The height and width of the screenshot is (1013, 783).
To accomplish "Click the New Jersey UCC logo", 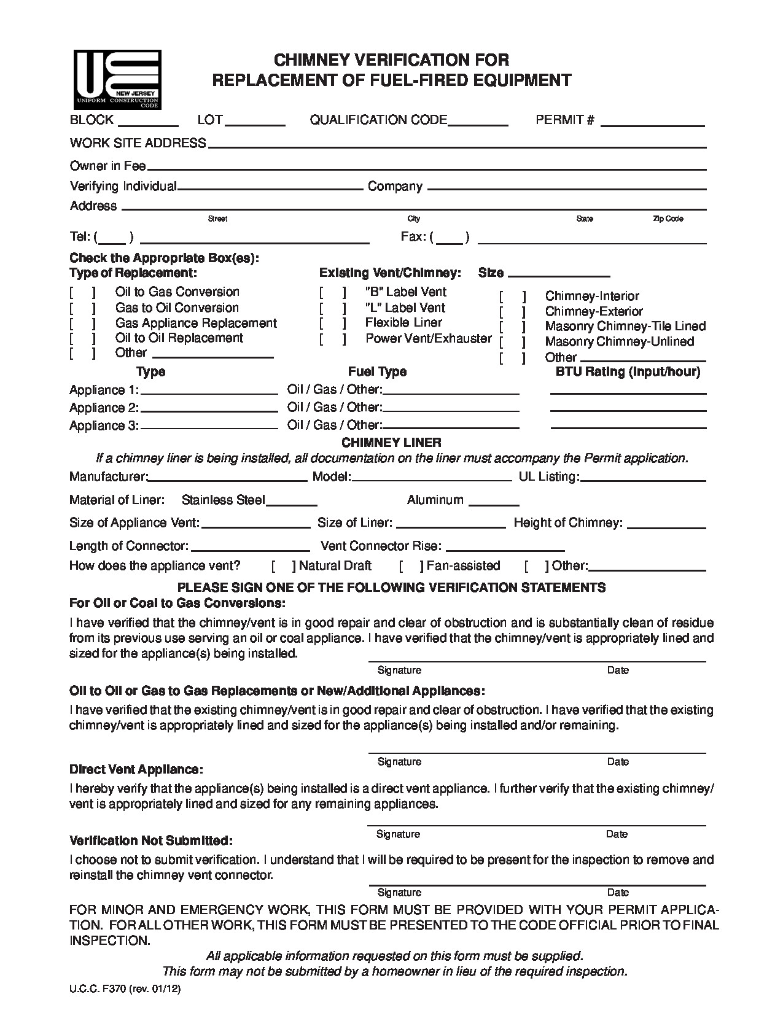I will pyautogui.click(x=117, y=79).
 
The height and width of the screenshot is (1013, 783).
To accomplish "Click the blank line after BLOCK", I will pyautogui.click(x=147, y=124).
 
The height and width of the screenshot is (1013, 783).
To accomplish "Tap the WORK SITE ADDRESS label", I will pyautogui.click(x=138, y=143).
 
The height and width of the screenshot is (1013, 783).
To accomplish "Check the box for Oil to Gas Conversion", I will pyautogui.click(x=82, y=293).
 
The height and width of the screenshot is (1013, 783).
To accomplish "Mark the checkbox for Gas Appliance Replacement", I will pyautogui.click(x=82, y=324).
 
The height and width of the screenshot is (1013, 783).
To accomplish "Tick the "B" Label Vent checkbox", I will pyautogui.click(x=332, y=293).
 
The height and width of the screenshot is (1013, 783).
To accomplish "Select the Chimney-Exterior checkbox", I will pyautogui.click(x=512, y=312).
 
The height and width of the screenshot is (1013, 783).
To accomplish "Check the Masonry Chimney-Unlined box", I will pyautogui.click(x=512, y=343).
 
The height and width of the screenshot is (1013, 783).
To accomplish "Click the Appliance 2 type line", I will pyautogui.click(x=209, y=410).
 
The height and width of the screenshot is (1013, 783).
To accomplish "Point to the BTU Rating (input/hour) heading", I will pyautogui.click(x=628, y=371).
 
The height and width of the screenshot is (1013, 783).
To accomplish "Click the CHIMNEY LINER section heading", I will pyautogui.click(x=391, y=442).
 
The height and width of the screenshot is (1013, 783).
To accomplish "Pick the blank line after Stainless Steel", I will pyautogui.click(x=291, y=503).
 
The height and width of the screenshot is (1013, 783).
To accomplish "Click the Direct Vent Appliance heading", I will pyautogui.click(x=136, y=769).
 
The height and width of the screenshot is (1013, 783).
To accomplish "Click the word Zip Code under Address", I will pyautogui.click(x=668, y=219).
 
